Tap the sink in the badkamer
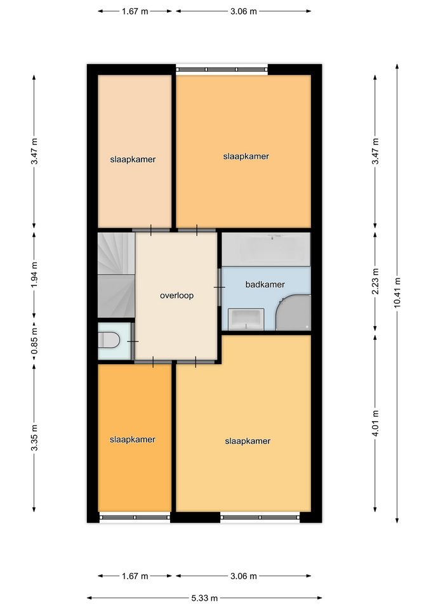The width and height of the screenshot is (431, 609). (x=246, y=319)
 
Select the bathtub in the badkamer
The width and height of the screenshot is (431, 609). (x=266, y=249)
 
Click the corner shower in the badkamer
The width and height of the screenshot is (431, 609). (x=293, y=313)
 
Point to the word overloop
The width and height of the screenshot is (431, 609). (x=177, y=296)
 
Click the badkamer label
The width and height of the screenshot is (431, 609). (x=265, y=284)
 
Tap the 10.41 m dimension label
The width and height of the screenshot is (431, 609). (x=397, y=293)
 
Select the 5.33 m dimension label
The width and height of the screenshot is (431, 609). (x=204, y=598)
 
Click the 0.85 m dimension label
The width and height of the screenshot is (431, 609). (x=34, y=341)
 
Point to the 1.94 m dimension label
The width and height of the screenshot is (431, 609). (x=34, y=275)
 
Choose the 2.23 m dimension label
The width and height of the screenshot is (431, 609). (x=375, y=281)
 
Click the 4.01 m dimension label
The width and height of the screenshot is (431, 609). (x=375, y=423)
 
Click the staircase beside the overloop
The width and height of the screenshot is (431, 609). (x=116, y=275)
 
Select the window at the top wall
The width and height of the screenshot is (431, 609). (x=222, y=70)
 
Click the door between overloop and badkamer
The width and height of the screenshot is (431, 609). (x=220, y=287)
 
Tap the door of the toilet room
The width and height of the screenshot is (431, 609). (x=133, y=341)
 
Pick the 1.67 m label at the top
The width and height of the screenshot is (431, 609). (x=135, y=11)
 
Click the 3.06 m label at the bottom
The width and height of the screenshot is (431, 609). (x=243, y=576)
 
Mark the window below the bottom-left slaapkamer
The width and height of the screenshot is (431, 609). (x=135, y=518)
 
